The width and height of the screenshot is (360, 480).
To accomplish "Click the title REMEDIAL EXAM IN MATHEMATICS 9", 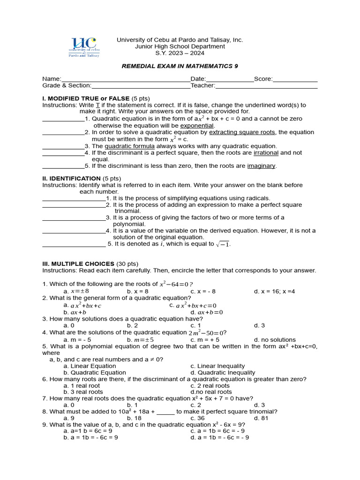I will click(180, 66).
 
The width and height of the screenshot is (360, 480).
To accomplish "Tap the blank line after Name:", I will click(126, 79).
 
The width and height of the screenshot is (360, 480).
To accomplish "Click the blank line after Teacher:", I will click(266, 86).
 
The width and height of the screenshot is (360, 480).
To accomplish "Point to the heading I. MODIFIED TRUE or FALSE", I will click(86, 98).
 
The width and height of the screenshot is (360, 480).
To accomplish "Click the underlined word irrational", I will click(266, 153).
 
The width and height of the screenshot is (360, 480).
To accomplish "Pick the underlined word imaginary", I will click(262, 166).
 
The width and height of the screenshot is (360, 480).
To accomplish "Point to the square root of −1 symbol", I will click(223, 244).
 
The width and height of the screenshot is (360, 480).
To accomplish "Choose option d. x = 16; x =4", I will click(274, 292).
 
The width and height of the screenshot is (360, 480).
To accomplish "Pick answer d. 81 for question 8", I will click(261, 418).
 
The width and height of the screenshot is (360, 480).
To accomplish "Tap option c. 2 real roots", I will click(210, 386).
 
